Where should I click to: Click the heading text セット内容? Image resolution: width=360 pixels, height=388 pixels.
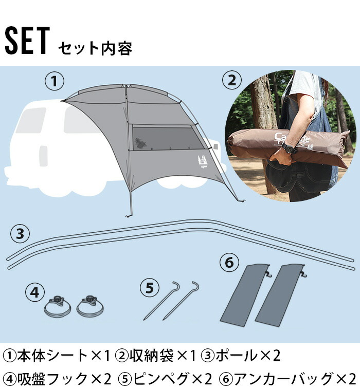[95, 48]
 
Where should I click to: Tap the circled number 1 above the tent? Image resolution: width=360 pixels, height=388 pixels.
[55, 81]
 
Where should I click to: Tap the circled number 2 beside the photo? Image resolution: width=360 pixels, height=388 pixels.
[231, 81]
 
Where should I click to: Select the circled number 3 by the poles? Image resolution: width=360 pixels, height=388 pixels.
[20, 234]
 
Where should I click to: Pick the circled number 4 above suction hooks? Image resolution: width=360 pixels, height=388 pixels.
[35, 292]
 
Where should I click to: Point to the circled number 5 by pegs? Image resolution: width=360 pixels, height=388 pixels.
[150, 288]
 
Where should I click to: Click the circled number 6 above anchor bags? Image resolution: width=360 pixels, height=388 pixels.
[229, 263]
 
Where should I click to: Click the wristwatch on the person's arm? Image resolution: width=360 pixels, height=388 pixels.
[289, 148]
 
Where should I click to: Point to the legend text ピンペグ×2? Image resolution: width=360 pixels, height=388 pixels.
[172, 379]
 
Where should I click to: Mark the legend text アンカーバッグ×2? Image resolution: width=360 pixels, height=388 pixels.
[293, 379]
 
